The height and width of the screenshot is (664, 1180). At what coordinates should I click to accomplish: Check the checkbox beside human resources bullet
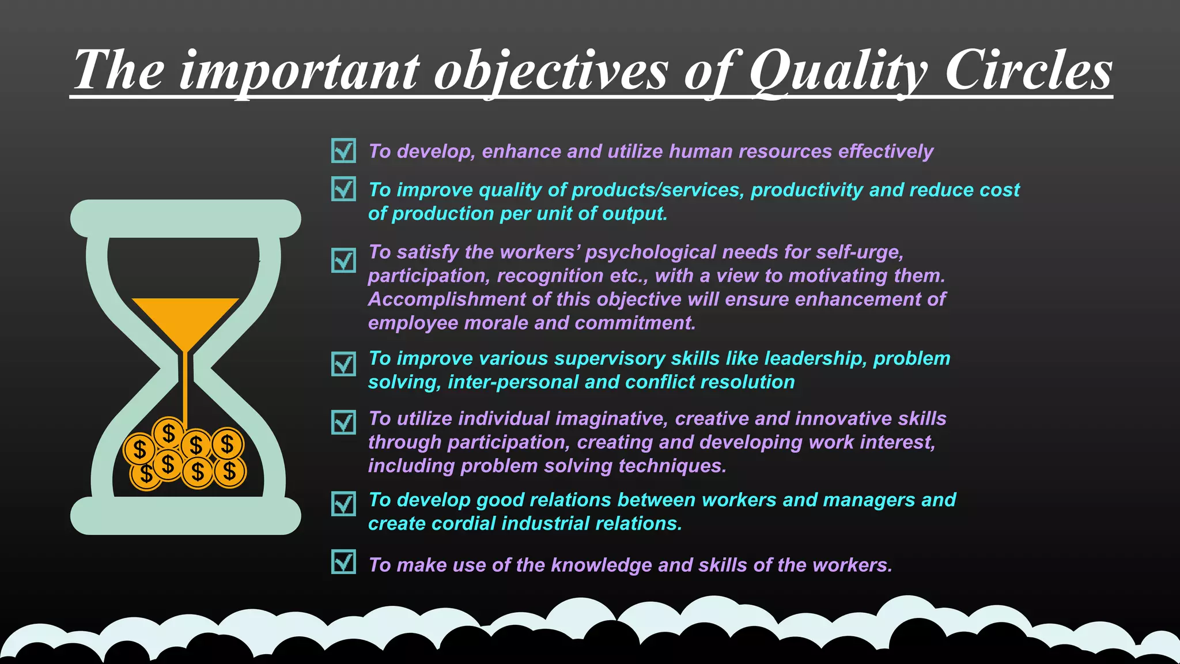pyautogui.click(x=343, y=151)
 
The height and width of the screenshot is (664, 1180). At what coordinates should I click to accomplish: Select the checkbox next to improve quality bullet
pyautogui.click(x=343, y=189)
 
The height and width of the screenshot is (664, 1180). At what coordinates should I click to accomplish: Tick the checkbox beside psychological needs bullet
pyautogui.click(x=343, y=261)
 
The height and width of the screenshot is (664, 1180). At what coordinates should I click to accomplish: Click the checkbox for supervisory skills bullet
pyautogui.click(x=343, y=364)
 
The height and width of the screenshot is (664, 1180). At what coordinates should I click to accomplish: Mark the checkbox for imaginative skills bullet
pyautogui.click(x=343, y=422)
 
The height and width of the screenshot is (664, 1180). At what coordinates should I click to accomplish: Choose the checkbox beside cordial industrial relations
pyautogui.click(x=343, y=504)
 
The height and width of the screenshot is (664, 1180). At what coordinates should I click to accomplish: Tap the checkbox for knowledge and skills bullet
pyautogui.click(x=343, y=561)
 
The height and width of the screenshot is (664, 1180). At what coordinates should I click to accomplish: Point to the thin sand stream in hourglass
pyautogui.click(x=185, y=386)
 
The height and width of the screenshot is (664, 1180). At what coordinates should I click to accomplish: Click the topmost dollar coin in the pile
pyautogui.click(x=168, y=432)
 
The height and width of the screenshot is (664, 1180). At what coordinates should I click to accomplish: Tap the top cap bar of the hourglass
pyautogui.click(x=185, y=218)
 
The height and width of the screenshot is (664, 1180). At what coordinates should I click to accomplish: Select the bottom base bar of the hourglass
pyautogui.click(x=185, y=516)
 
